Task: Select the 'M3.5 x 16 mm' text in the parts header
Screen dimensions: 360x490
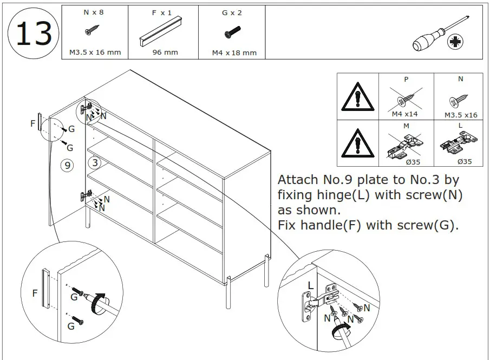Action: coord(95,53)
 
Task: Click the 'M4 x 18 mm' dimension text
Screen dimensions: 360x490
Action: coord(234,53)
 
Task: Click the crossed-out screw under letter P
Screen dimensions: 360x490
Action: coord(407,99)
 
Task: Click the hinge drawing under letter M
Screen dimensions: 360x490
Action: coord(407,146)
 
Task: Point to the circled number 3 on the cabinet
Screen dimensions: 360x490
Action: coord(95,162)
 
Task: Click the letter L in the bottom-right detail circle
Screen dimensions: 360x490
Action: coord(310,285)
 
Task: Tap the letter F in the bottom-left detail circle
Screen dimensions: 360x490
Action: coord(35,293)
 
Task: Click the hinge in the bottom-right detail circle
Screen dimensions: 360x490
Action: coord(319,300)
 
